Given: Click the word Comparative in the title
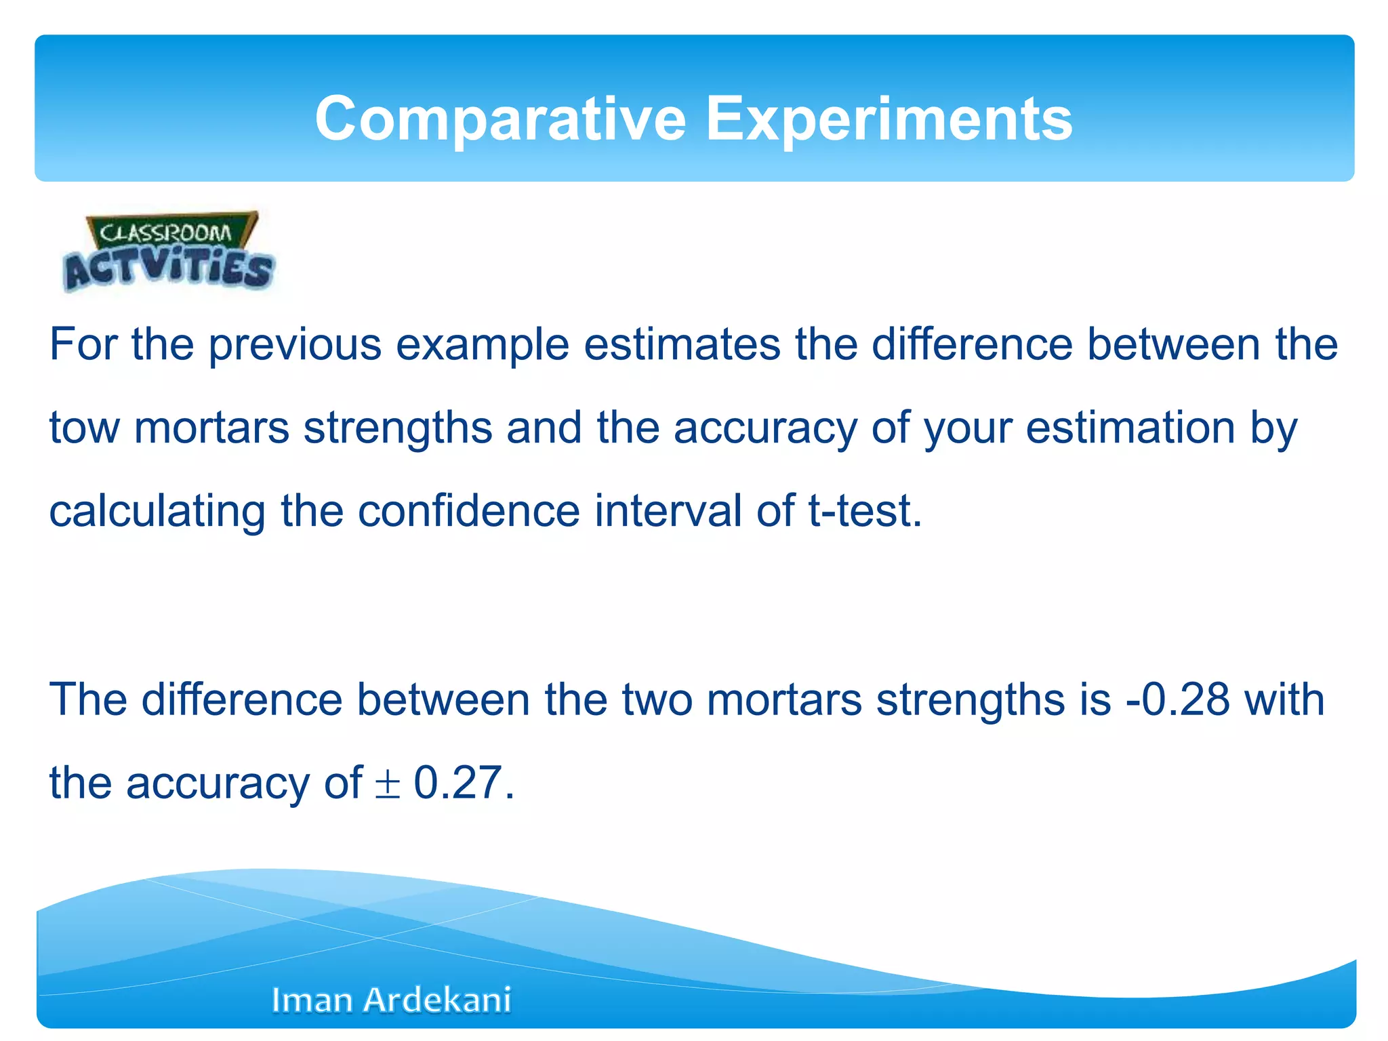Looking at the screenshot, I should click(x=500, y=120).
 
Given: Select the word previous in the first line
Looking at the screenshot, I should click(x=295, y=346).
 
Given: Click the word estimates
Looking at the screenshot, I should click(x=682, y=346).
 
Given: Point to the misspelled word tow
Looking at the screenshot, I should click(x=84, y=429).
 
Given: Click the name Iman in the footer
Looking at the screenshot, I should click(x=310, y=1000).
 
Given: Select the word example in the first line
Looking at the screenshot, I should click(x=482, y=346).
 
